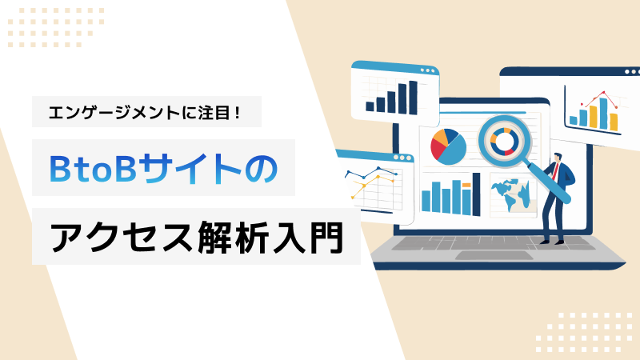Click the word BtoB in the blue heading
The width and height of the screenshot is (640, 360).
[x=93, y=168]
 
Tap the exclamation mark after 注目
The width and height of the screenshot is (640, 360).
[x=238, y=112]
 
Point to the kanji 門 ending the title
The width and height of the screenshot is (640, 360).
[x=326, y=237]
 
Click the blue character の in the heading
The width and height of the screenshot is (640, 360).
[x=262, y=168]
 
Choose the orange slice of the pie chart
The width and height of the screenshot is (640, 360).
[x=440, y=138]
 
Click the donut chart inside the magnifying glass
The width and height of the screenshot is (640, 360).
[x=505, y=142]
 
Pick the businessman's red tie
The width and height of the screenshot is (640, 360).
[x=556, y=172]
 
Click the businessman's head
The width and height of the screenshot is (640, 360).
[x=558, y=158]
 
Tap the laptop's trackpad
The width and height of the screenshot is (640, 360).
[x=494, y=255]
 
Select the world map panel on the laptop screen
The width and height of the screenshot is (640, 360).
[x=514, y=195]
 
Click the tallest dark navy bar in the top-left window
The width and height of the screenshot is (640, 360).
[x=413, y=98]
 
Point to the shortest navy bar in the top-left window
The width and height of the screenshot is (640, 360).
[x=370, y=106]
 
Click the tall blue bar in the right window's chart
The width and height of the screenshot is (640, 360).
[x=603, y=113]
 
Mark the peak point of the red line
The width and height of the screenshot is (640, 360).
[x=603, y=93]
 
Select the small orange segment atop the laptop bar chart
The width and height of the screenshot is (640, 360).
[x=466, y=186]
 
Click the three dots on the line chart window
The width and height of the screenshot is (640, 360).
[x=402, y=158]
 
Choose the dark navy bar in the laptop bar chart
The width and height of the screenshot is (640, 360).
[x=476, y=194]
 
